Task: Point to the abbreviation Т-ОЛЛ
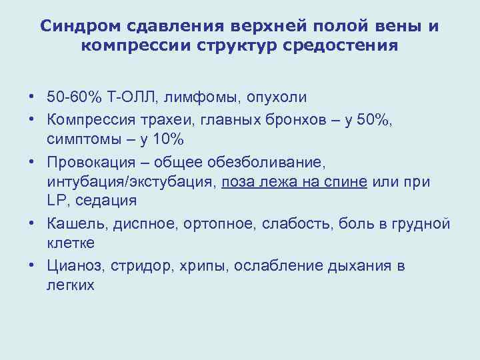point(133,97)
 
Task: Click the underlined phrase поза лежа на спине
point(294,182)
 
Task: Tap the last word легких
point(71,285)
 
